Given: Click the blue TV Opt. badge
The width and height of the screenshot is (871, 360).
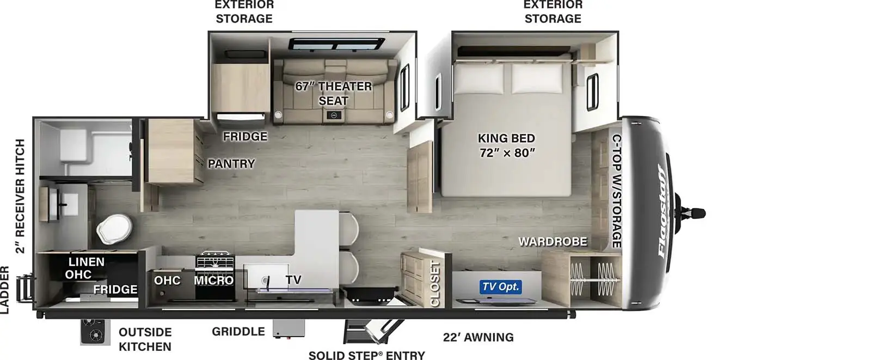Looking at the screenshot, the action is tap(500, 287).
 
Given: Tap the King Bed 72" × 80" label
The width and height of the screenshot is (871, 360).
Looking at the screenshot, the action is tap(507, 145).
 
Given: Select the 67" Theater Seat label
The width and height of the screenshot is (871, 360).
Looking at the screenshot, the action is tap(334, 94).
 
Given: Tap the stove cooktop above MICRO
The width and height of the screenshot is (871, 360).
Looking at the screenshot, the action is tap(215, 260).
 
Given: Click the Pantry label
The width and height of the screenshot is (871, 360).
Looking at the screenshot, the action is tap(231, 163).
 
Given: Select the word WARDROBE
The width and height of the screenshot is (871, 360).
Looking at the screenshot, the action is tap(553, 242).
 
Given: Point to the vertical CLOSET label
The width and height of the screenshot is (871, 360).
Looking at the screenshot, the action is tap(435, 284).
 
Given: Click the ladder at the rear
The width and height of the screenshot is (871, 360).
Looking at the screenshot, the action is tap(25, 289).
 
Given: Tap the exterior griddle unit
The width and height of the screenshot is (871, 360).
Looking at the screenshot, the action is tap(289, 329).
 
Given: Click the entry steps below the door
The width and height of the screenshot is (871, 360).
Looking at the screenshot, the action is tap(372, 332).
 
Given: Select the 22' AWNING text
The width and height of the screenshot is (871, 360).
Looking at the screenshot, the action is tap(479, 337).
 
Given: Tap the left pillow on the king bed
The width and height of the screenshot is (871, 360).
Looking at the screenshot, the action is tap(479, 78).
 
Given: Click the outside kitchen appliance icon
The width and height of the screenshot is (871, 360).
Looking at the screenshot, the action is tap(93, 332).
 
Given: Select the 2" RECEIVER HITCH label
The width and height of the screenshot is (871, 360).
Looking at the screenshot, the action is tap(20, 196).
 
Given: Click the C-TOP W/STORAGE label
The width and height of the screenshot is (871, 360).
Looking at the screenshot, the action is tap(617, 191).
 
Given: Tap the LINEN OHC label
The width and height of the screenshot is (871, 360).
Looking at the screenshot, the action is tap(85, 268).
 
